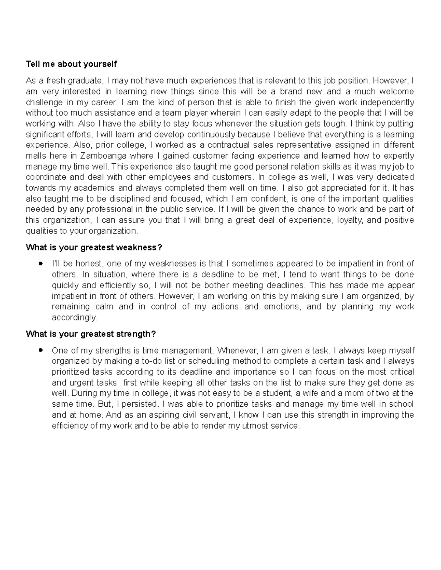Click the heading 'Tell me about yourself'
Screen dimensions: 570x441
[x=71, y=64]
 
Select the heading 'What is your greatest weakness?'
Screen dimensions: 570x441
[x=94, y=247]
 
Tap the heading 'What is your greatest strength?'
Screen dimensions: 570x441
[x=91, y=334]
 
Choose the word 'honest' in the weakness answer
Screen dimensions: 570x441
[x=91, y=264]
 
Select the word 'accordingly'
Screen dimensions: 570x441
[x=74, y=317]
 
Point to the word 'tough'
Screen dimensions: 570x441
[x=336, y=123]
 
